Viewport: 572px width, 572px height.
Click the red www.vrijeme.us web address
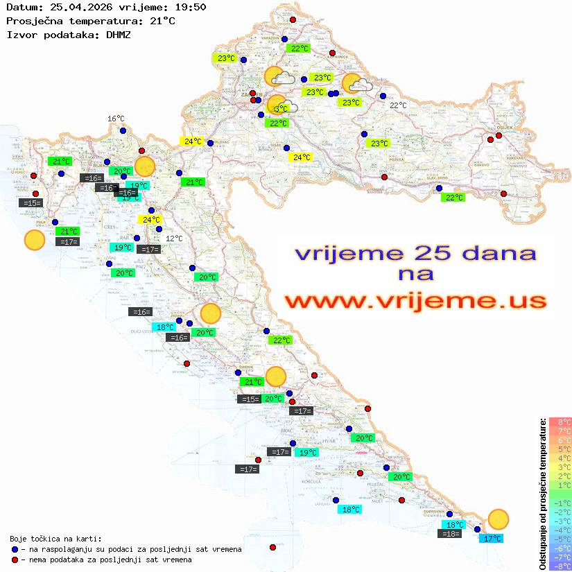pyautogui.click(x=415, y=301)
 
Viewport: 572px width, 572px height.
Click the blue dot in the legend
pyautogui.click(x=15, y=549)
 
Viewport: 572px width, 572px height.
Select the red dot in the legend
pyautogui.click(x=15, y=560)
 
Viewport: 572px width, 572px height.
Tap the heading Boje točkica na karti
pyautogui.click(x=55, y=539)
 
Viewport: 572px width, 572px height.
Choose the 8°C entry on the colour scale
pyautogui.click(x=560, y=422)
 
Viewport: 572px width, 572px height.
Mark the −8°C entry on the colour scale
pyautogui.click(x=560, y=566)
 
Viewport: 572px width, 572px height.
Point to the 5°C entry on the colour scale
pyautogui.click(x=560, y=449)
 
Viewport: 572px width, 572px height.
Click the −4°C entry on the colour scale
pyautogui.click(x=560, y=530)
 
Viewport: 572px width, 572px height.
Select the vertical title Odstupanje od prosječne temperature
pyautogui.click(x=542, y=494)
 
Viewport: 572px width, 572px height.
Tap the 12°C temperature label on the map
pyautogui.click(x=174, y=239)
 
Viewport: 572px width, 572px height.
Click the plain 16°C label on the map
pyautogui.click(x=116, y=119)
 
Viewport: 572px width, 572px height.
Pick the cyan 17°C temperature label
pyautogui.click(x=492, y=538)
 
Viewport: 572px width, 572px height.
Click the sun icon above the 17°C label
pyautogui.click(x=498, y=519)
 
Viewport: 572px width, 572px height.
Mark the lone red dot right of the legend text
pyautogui.click(x=272, y=547)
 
